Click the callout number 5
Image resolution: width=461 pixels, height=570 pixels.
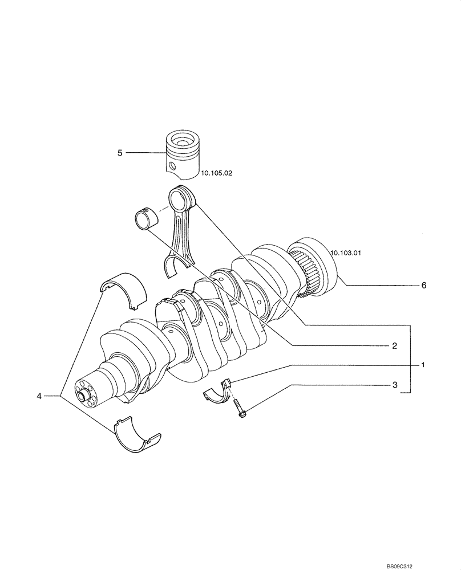click(x=120, y=153)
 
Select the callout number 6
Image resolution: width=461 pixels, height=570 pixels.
click(x=424, y=286)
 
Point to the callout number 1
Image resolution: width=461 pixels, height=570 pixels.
click(x=423, y=364)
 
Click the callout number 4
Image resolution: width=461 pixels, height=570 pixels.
click(x=39, y=396)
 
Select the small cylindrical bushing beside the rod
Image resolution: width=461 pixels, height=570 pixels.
click(x=147, y=218)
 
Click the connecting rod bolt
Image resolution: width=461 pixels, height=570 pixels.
click(x=239, y=410)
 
